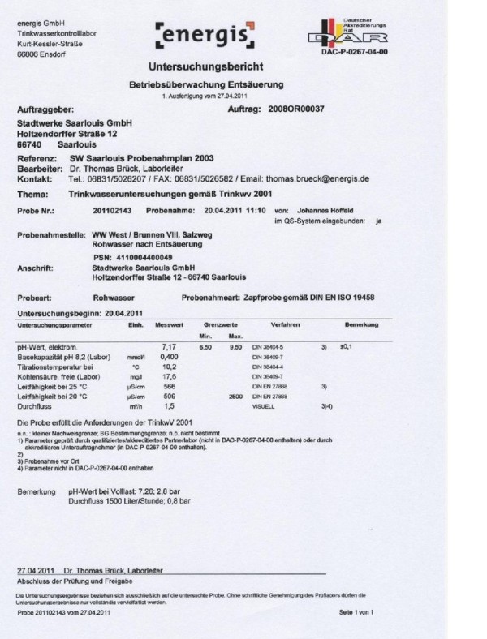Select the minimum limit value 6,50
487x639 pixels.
[x=207, y=347]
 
